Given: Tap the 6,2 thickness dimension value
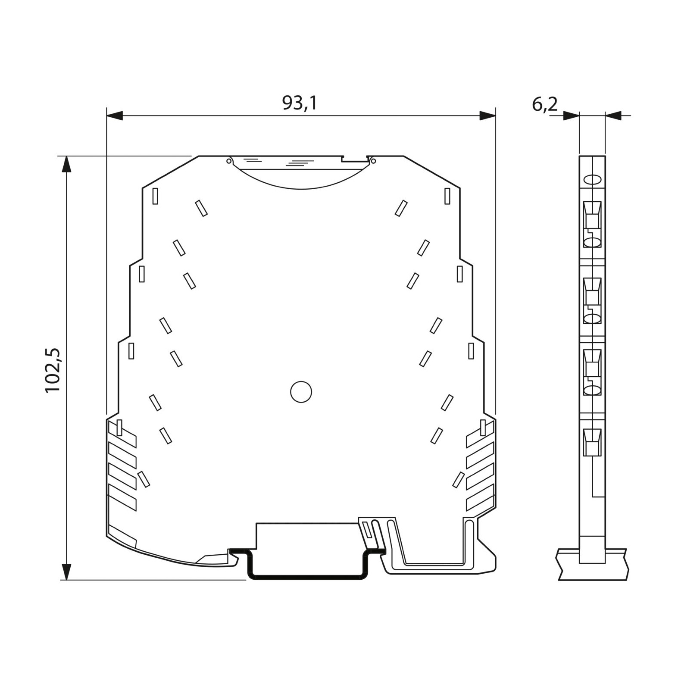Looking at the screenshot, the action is click(x=544, y=104).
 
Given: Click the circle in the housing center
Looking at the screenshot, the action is click(x=301, y=392).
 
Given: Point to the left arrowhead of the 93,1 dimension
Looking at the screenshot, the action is click(x=115, y=116).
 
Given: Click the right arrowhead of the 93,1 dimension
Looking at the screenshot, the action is click(x=487, y=116).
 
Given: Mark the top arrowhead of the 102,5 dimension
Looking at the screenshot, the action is click(x=66, y=164).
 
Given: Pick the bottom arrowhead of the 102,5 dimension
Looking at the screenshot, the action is click(x=66, y=571).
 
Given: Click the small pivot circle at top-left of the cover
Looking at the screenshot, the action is click(x=229, y=161).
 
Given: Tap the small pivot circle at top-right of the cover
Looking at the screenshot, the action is click(x=373, y=161).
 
